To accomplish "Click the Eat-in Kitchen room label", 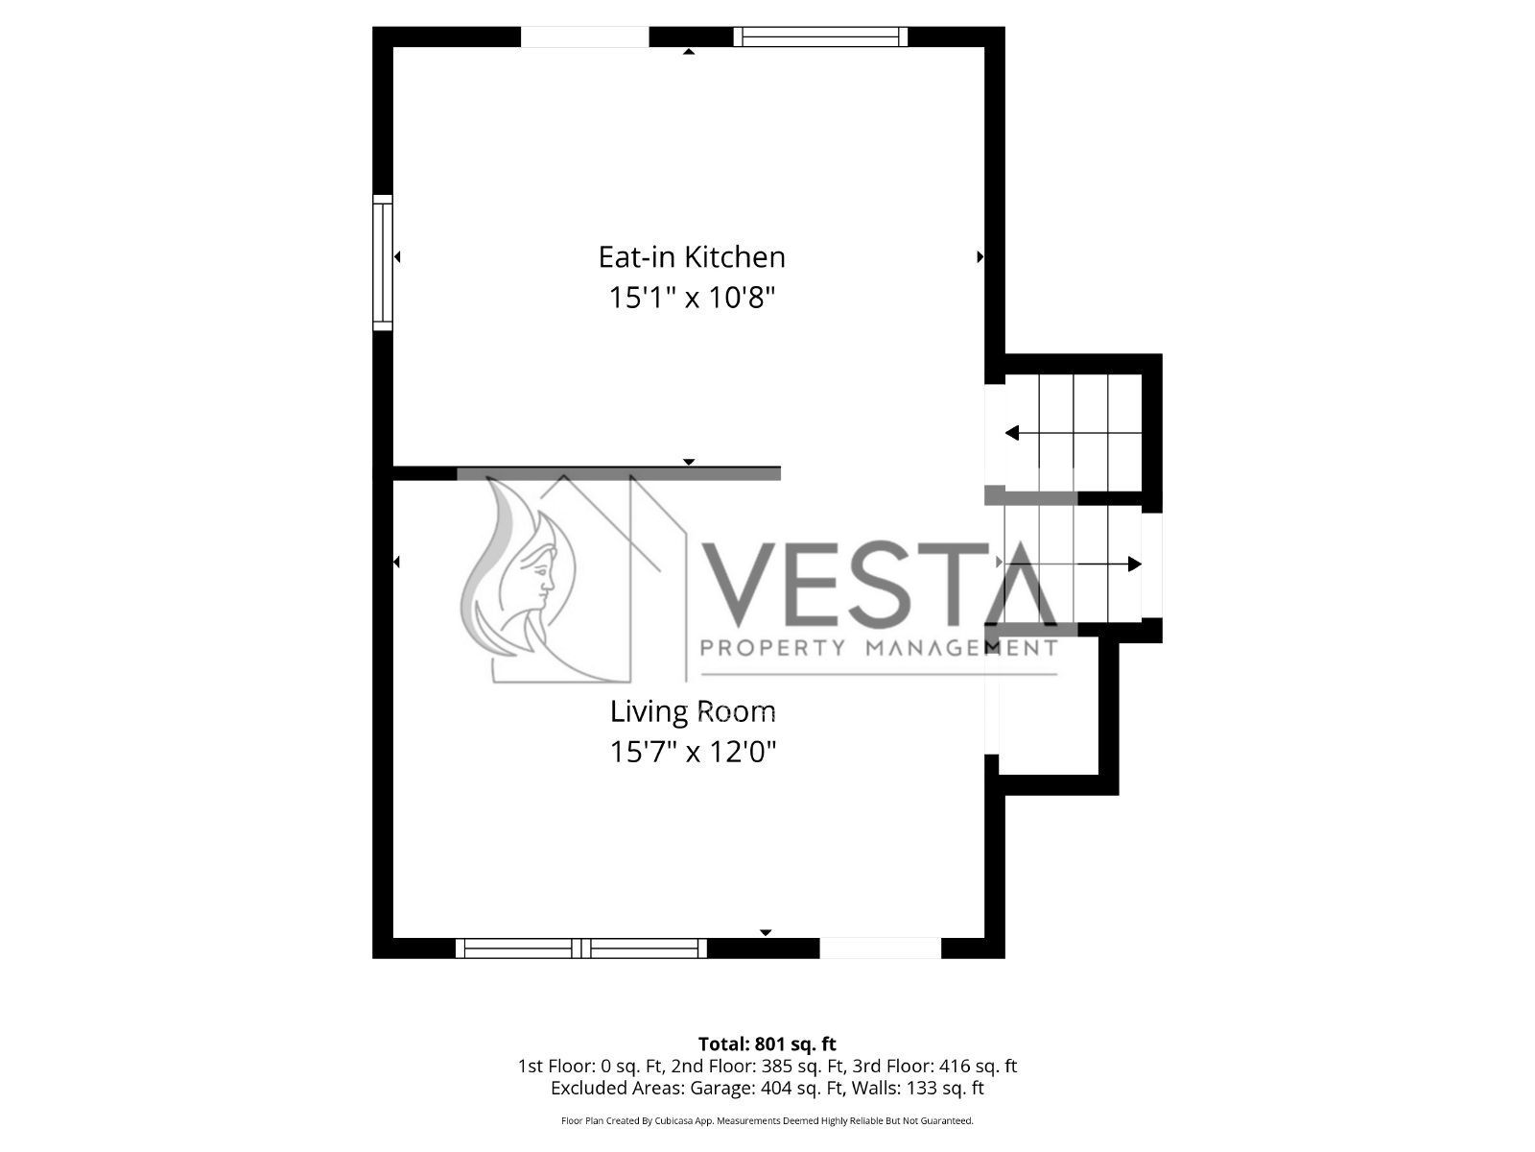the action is [692, 257].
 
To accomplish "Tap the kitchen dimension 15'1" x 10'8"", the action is [693, 298].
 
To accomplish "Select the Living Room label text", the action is [693, 712].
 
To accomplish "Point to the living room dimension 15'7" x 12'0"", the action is [693, 752].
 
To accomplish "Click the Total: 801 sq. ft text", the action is [767, 1044].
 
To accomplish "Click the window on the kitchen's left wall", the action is [383, 262].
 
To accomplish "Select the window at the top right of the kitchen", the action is [820, 36].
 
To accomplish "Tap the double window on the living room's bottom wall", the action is [581, 948].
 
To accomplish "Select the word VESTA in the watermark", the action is [879, 584].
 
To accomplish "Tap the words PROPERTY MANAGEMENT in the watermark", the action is [879, 648].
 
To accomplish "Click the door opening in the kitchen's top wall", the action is [584, 37].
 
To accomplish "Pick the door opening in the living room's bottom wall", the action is [881, 948].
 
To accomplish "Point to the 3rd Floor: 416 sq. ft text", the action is [934, 1066].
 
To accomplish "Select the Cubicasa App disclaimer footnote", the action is [767, 1120].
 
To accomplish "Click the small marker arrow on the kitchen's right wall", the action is [980, 256].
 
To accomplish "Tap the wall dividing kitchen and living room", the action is [587, 473].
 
